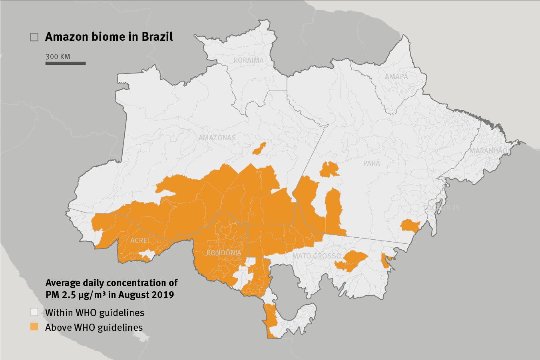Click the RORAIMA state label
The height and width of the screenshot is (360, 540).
pyautogui.click(x=249, y=60)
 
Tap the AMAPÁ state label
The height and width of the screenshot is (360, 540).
pyautogui.click(x=397, y=76)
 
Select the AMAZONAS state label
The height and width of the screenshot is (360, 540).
pyautogui.click(x=217, y=138)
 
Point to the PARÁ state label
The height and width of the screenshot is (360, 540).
pyautogui.click(x=372, y=163)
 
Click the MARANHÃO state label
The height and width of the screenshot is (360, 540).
pyautogui.click(x=488, y=151)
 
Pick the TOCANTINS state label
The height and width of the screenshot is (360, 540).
pyautogui.click(x=442, y=208)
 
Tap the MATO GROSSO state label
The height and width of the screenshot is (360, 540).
pyautogui.click(x=317, y=256)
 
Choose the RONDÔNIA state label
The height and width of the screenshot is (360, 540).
pyautogui.click(x=224, y=253)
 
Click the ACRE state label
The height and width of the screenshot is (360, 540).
pyautogui.click(x=139, y=241)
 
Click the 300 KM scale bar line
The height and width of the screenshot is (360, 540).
pyautogui.click(x=66, y=63)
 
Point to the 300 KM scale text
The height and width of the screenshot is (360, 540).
pyautogui.click(x=58, y=56)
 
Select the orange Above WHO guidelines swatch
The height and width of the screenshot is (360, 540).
pyautogui.click(x=34, y=327)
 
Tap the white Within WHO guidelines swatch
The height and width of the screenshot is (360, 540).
pyautogui.click(x=34, y=312)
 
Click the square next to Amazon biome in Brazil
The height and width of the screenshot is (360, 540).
pyautogui.click(x=34, y=37)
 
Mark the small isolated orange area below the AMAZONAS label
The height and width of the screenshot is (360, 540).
pyautogui.click(x=259, y=148)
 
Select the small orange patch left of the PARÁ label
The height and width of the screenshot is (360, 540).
pyautogui.click(x=329, y=170)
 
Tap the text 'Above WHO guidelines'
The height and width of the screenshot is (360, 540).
pyautogui.click(x=94, y=327)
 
